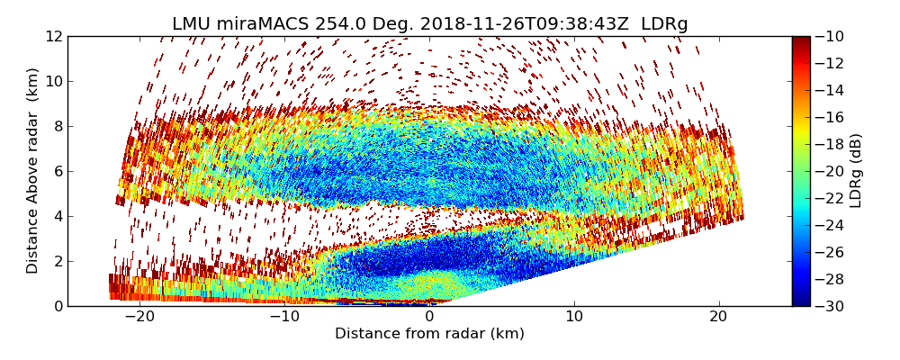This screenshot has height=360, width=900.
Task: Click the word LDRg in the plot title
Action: (664, 24)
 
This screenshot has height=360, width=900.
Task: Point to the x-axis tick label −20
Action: (139, 317)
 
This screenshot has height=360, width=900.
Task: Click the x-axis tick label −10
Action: (284, 317)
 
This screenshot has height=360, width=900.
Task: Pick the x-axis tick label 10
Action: (574, 317)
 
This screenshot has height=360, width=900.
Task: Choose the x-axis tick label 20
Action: (718, 317)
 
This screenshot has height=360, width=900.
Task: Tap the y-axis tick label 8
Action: (58, 127)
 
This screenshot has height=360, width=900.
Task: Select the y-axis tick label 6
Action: (58, 172)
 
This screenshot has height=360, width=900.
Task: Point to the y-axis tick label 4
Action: (58, 217)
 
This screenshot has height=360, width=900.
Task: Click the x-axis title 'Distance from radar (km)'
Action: (429, 334)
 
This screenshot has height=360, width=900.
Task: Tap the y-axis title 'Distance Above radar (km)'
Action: (33, 171)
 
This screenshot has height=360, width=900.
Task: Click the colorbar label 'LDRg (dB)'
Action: (856, 171)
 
